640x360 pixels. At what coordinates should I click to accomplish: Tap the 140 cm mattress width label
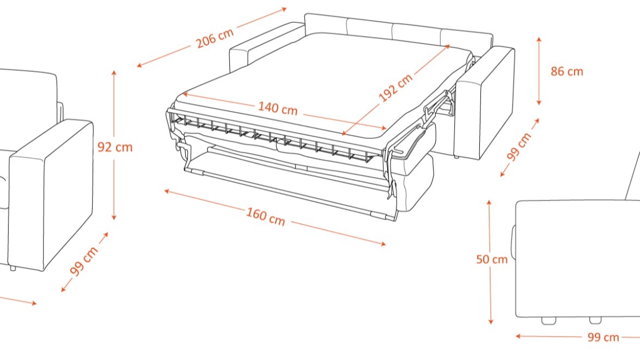(x=278, y=108)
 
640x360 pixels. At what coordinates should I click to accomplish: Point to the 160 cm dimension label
(x=265, y=216)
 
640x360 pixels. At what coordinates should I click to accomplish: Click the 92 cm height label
(x=114, y=147)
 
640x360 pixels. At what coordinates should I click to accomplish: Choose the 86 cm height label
(x=566, y=71)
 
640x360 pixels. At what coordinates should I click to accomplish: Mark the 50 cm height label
(x=491, y=259)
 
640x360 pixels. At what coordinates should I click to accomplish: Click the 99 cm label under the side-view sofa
(x=603, y=337)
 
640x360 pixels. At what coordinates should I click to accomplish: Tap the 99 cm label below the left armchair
(x=84, y=261)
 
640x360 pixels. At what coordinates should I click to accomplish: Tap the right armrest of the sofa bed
(x=485, y=103)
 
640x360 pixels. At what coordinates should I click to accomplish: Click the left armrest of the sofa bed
(x=248, y=54)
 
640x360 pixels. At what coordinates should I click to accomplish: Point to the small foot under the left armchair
(x=13, y=269)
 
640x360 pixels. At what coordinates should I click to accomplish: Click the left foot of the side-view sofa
(x=549, y=320)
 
